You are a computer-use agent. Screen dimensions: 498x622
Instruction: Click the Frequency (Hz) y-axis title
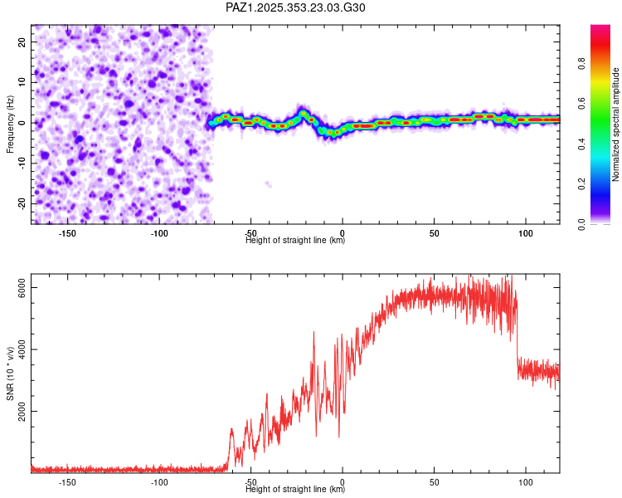coord(10,123)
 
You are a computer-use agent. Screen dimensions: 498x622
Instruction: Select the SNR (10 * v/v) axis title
coord(10,373)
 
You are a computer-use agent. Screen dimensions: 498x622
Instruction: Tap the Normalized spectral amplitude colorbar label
coord(615,124)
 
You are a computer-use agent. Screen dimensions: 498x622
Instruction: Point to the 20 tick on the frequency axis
coord(22,41)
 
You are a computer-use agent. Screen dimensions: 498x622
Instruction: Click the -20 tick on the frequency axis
coord(22,203)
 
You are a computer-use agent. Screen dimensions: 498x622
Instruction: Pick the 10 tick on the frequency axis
coord(22,81)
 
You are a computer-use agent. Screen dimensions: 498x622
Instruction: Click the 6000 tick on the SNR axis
coord(23,287)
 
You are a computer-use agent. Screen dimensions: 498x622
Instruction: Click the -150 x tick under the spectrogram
coord(68,233)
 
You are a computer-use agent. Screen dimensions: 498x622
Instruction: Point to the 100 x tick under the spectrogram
coord(525,233)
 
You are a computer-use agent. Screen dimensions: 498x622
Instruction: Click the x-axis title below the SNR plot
coord(295,490)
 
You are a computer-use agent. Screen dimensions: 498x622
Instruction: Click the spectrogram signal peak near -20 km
coord(304,112)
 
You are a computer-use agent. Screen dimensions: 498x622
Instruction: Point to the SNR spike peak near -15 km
coord(313,332)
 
